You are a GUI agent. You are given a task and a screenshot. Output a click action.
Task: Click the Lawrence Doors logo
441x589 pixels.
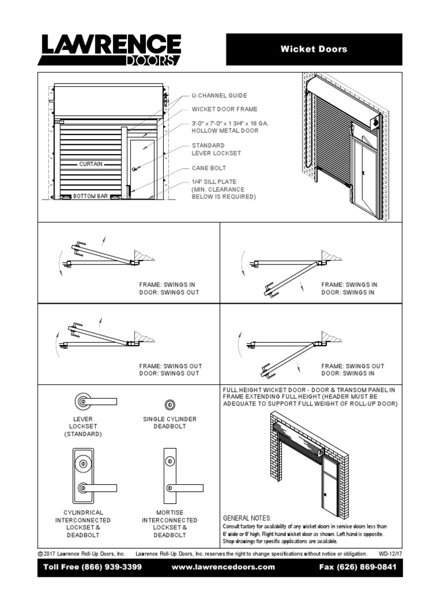[110, 49]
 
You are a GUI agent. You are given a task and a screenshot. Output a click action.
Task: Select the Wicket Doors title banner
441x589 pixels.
[314, 49]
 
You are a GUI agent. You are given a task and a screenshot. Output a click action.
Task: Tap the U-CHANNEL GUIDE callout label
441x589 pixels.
[219, 95]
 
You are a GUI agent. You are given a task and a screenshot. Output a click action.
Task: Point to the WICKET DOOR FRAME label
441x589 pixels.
[225, 109]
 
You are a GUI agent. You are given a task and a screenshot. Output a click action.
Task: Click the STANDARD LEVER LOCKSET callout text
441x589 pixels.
[216, 150]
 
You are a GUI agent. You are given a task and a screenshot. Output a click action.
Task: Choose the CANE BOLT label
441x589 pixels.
[209, 168]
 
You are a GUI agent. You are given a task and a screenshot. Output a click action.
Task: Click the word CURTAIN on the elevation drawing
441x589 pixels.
[91, 164]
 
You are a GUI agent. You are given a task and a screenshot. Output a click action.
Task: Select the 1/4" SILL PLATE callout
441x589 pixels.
[223, 189]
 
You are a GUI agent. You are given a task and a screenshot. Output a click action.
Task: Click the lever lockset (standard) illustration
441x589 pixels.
[95, 401]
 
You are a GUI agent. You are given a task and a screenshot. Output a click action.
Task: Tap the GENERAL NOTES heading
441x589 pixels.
[246, 518]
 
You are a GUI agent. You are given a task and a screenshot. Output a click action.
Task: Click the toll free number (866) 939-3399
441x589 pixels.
[93, 567]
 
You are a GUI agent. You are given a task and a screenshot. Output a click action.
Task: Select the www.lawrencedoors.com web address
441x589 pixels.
[223, 567]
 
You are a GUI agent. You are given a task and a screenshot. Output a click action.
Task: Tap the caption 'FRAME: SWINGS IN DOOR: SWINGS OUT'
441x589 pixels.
[169, 288]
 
